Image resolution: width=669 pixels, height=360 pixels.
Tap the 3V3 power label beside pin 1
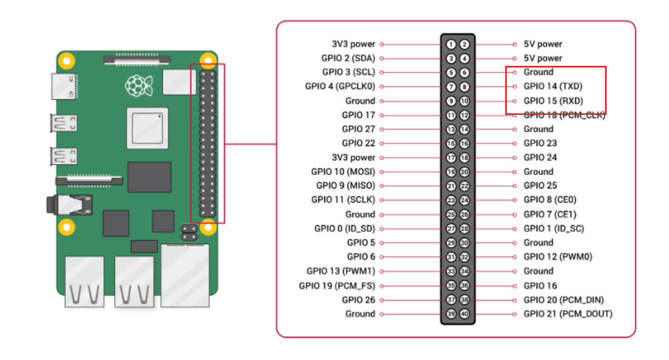tap(353, 44)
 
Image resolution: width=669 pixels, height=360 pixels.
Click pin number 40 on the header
tap(464, 314)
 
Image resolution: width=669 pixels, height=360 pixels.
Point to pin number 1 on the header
tap(451, 44)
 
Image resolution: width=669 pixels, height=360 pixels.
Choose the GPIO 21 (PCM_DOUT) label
tap(568, 314)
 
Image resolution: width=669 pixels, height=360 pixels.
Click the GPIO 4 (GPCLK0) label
tap(340, 86)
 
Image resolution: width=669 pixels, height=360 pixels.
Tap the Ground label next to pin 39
tap(360, 314)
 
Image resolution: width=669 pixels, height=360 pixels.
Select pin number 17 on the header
tap(451, 158)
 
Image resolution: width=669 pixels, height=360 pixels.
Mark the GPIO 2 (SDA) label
tap(348, 58)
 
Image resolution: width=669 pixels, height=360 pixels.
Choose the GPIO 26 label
tap(358, 300)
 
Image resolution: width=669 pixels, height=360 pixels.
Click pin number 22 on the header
tap(464, 186)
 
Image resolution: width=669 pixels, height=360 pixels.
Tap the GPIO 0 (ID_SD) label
tap(344, 229)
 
